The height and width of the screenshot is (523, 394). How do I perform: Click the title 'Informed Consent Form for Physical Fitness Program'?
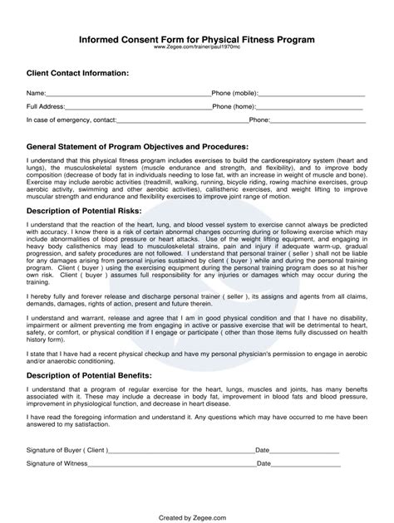coord(196,39)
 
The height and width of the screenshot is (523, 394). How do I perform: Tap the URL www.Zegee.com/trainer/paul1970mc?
coord(196,47)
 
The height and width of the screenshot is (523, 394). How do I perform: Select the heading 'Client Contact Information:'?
coord(78,73)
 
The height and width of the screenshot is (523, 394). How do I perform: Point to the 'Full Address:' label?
coord(45,107)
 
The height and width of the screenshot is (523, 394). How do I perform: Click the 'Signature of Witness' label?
coord(58,465)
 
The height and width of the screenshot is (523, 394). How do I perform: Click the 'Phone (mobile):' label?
coord(234,94)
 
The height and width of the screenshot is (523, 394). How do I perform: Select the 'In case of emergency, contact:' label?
coord(71,120)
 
